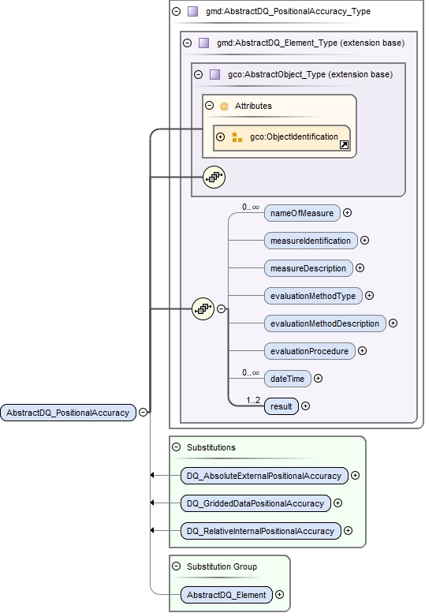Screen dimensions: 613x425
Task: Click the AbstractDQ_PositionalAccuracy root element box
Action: (68, 412)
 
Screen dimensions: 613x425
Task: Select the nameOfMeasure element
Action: (301, 213)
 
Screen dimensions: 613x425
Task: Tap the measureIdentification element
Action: (311, 240)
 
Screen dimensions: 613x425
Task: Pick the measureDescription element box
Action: (308, 268)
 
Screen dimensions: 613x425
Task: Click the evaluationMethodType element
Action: (313, 296)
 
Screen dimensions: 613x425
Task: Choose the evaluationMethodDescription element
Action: (325, 323)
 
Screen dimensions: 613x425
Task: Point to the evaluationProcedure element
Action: (309, 351)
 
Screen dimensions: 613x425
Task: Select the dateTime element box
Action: (287, 379)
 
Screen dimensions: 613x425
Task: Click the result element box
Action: (281, 406)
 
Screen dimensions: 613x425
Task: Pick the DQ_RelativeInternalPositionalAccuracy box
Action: (260, 531)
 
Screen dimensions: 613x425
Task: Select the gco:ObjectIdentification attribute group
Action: (293, 137)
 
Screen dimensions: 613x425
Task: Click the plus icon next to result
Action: (305, 406)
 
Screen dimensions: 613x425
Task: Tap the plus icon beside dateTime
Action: (318, 379)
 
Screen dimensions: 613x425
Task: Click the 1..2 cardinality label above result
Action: (252, 400)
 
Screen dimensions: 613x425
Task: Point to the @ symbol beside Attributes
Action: (224, 106)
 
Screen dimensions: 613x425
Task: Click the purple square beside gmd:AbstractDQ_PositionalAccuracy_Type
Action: (192, 12)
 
